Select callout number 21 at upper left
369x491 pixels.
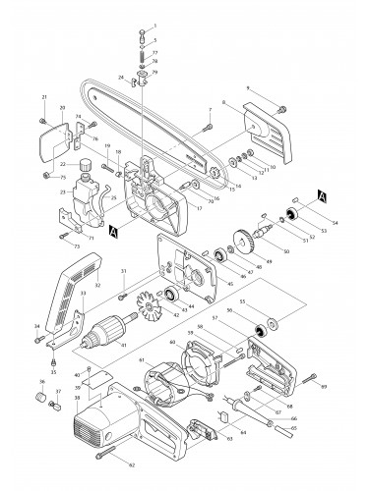pos(44,96)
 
